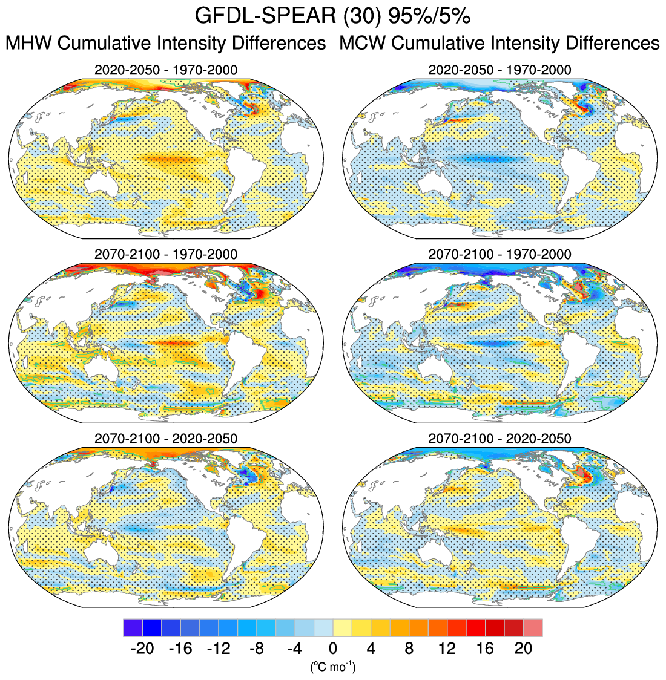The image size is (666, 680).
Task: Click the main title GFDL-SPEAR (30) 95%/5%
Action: click(x=332, y=16)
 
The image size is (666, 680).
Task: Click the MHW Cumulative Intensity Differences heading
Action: click(x=165, y=44)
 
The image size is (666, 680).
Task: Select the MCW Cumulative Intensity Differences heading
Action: click(x=499, y=44)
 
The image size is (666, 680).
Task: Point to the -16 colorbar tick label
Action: click(x=180, y=649)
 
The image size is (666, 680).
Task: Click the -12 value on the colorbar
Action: click(x=218, y=649)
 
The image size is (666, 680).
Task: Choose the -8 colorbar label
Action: click(x=256, y=649)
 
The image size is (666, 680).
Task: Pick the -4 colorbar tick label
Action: click(x=294, y=649)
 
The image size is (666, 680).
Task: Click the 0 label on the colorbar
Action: click(x=333, y=649)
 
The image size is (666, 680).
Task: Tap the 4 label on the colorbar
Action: click(x=371, y=649)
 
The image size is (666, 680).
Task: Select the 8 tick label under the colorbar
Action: click(x=409, y=649)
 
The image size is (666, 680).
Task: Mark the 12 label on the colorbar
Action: click(x=447, y=649)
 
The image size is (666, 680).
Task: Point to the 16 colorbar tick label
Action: click(x=486, y=649)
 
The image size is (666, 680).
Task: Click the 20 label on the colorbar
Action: click(x=524, y=649)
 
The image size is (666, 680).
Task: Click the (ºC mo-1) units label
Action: click(x=332, y=667)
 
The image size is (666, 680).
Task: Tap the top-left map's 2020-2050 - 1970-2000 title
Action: click(x=166, y=70)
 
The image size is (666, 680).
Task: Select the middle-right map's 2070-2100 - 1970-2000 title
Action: click(x=499, y=255)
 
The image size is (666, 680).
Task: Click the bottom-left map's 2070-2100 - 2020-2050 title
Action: click(x=166, y=439)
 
